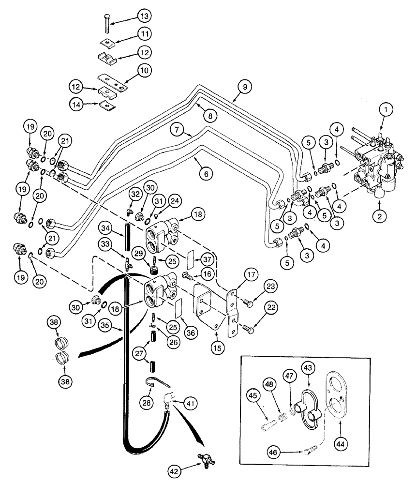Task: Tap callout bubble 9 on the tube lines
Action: pyautogui.click(x=244, y=88)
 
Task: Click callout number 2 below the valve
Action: pyautogui.click(x=380, y=216)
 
